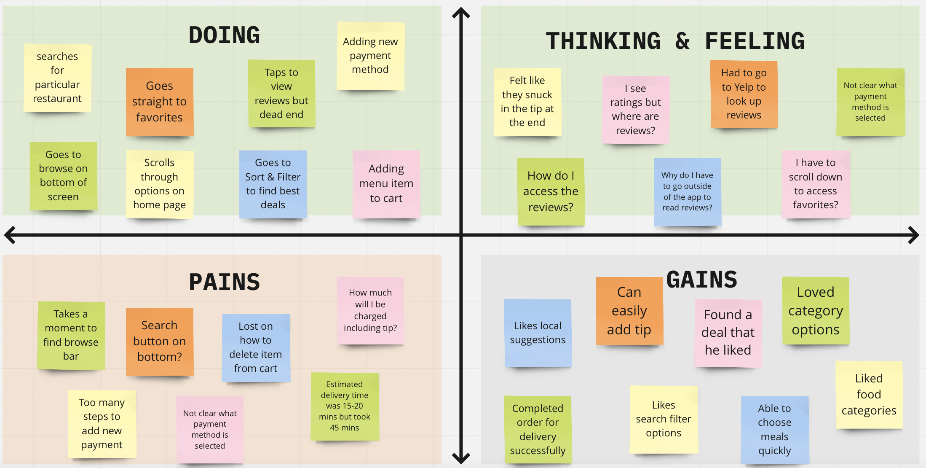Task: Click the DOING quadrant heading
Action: coord(224,35)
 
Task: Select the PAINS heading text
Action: coord(224,282)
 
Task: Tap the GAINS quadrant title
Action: coord(701,280)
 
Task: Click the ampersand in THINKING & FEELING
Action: coord(682,41)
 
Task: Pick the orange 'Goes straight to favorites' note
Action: coord(159,102)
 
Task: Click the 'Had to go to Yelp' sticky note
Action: coord(744,94)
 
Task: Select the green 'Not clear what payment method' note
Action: coord(870,102)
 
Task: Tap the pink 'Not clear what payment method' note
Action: coord(210,429)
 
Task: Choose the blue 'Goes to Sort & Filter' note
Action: coord(273,184)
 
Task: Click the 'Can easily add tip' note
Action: coord(629,311)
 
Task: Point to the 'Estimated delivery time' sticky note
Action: coord(345,406)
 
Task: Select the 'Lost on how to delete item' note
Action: coord(256,347)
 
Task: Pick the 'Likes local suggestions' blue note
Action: coord(538,333)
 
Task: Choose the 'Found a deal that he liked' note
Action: coord(728,333)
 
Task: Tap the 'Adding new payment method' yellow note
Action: coord(370,56)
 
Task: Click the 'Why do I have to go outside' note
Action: coord(687,191)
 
